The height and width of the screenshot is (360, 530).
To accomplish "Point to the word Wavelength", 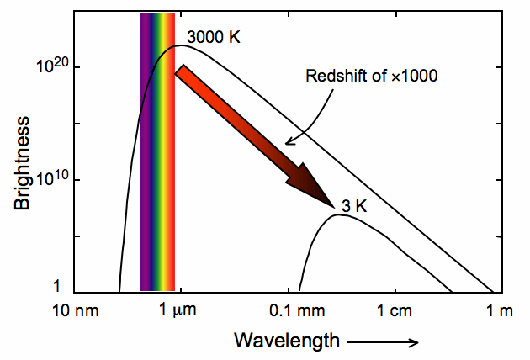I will click(287, 341).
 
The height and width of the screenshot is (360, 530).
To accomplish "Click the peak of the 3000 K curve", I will click(179, 45).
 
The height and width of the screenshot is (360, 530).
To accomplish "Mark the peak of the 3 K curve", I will click(339, 214).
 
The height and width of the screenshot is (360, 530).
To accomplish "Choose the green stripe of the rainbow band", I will click(159, 151).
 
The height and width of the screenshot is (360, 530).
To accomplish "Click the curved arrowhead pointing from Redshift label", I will click(287, 142).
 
